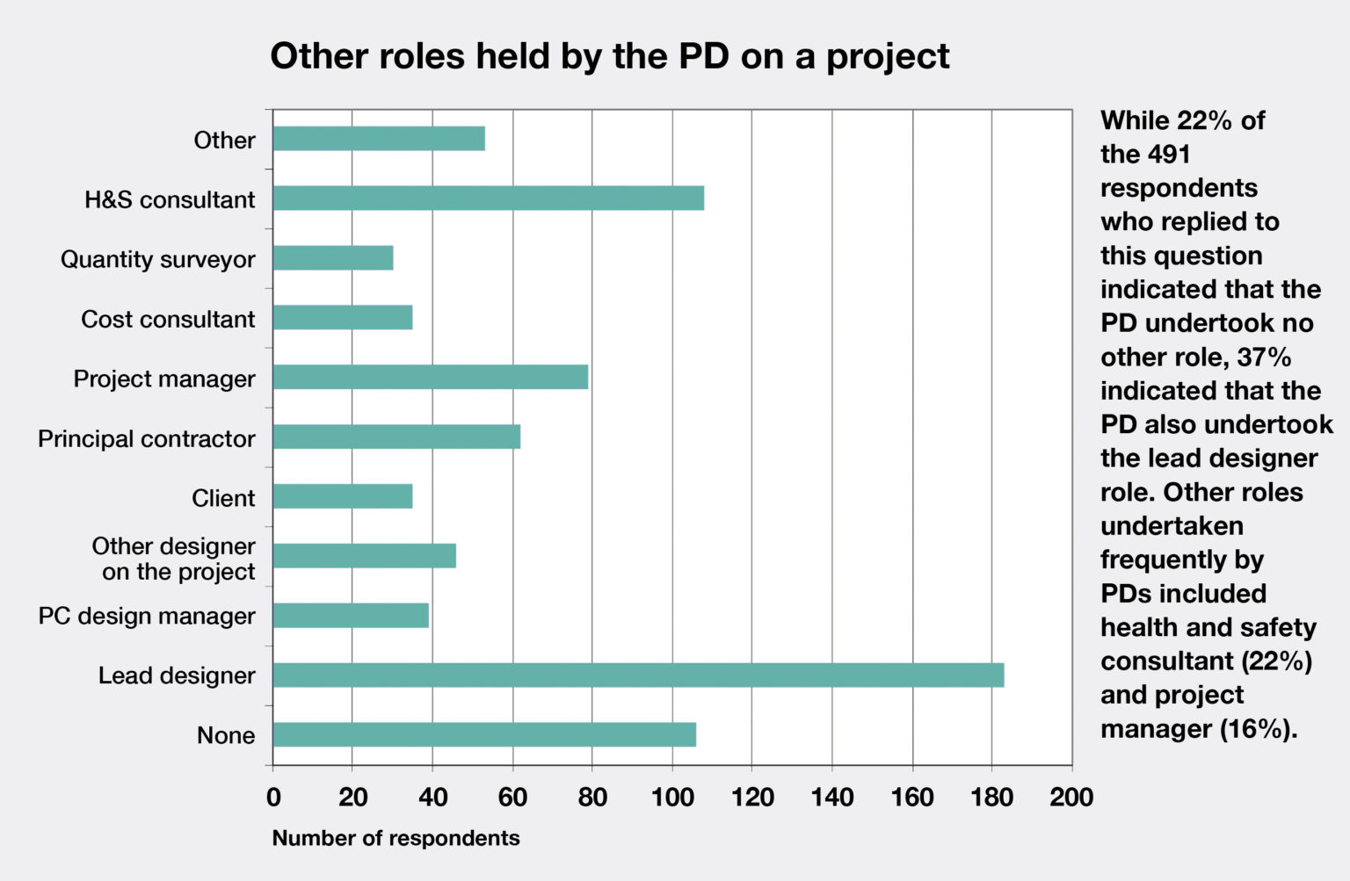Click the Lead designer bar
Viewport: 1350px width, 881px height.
click(638, 675)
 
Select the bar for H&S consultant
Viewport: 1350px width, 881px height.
click(488, 199)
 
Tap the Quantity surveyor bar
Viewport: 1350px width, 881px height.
click(332, 258)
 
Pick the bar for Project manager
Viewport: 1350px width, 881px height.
click(430, 378)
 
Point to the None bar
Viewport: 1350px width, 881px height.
click(484, 735)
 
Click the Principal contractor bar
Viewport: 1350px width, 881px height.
click(396, 437)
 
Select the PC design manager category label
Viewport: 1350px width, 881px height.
click(147, 617)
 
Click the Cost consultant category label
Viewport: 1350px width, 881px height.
click(168, 319)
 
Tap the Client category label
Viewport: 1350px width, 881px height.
click(223, 498)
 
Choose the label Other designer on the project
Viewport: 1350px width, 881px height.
click(174, 559)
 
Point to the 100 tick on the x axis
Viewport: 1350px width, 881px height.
click(672, 797)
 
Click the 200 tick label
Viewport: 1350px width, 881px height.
click(1071, 797)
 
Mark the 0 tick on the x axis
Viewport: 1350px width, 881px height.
click(273, 797)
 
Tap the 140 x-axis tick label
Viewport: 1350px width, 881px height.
click(831, 797)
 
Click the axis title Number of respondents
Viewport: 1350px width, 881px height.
click(396, 838)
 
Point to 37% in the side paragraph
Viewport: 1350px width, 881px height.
click(1264, 357)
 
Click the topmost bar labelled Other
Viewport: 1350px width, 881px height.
click(379, 139)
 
